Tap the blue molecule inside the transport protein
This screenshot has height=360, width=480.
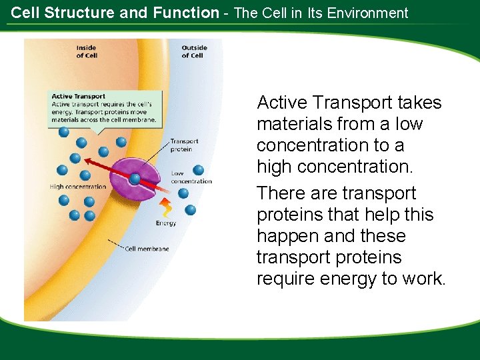[135, 179]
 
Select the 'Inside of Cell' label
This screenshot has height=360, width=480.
[86, 51]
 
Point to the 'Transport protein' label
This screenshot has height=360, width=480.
[184, 145]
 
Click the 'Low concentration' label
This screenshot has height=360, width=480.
[191, 177]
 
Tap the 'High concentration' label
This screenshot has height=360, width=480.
[77, 187]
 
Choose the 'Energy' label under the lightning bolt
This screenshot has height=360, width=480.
[166, 223]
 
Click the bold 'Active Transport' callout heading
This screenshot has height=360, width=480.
[79, 97]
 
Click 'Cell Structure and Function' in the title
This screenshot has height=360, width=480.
[115, 13]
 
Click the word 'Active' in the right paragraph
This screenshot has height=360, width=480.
[281, 103]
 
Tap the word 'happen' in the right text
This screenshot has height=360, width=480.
[284, 236]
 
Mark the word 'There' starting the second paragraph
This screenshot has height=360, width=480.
[279, 193]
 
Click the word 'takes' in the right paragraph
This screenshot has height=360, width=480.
[419, 103]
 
